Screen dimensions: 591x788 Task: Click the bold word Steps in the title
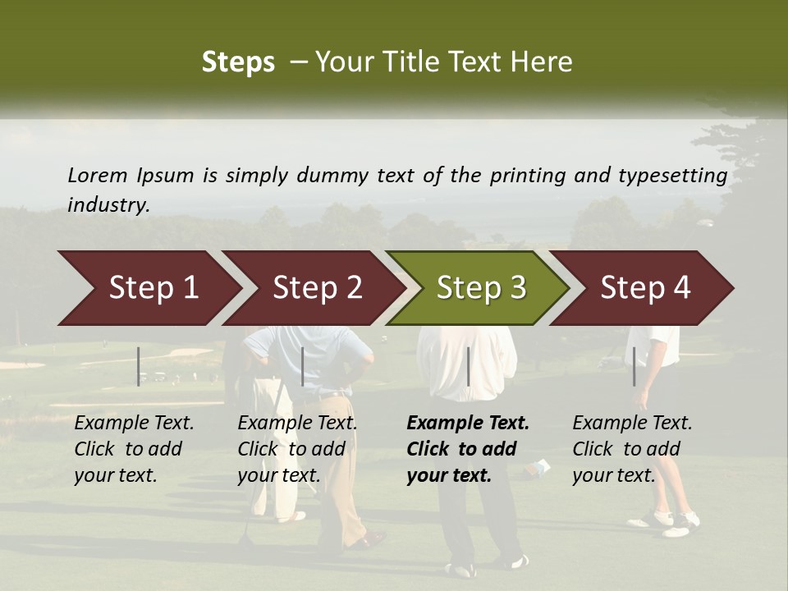point(238,62)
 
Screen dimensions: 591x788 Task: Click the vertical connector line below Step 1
point(139,366)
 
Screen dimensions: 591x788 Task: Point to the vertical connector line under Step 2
point(303,366)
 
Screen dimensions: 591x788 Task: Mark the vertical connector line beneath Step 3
point(469,366)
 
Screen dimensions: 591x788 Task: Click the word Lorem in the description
point(98,175)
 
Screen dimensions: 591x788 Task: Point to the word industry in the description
point(108,204)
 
